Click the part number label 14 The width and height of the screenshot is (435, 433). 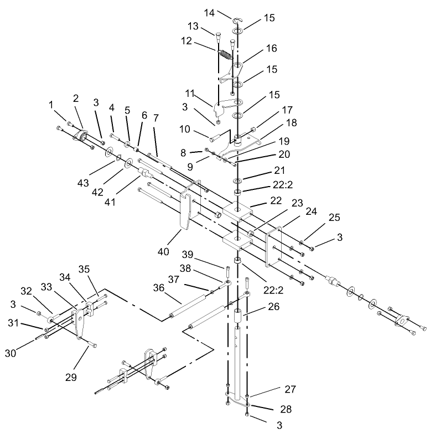click(209, 13)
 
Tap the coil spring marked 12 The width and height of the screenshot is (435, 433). click(226, 54)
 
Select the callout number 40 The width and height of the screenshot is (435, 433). click(163, 252)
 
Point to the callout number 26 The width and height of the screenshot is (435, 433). click(274, 306)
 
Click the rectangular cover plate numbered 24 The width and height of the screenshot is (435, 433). click(274, 247)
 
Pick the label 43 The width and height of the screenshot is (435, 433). click(83, 183)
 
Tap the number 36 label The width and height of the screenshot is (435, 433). click(159, 288)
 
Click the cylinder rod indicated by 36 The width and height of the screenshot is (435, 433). click(189, 306)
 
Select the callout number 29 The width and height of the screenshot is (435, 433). click(71, 377)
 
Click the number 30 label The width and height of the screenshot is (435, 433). click(11, 353)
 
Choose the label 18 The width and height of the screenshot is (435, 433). click(291, 123)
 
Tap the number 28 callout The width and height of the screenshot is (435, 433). click(286, 409)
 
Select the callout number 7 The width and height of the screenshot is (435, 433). click(156, 118)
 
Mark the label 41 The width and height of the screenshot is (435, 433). click(110, 202)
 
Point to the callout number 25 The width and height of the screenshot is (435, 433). click(334, 218)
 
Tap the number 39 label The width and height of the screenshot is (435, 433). click(188, 255)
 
